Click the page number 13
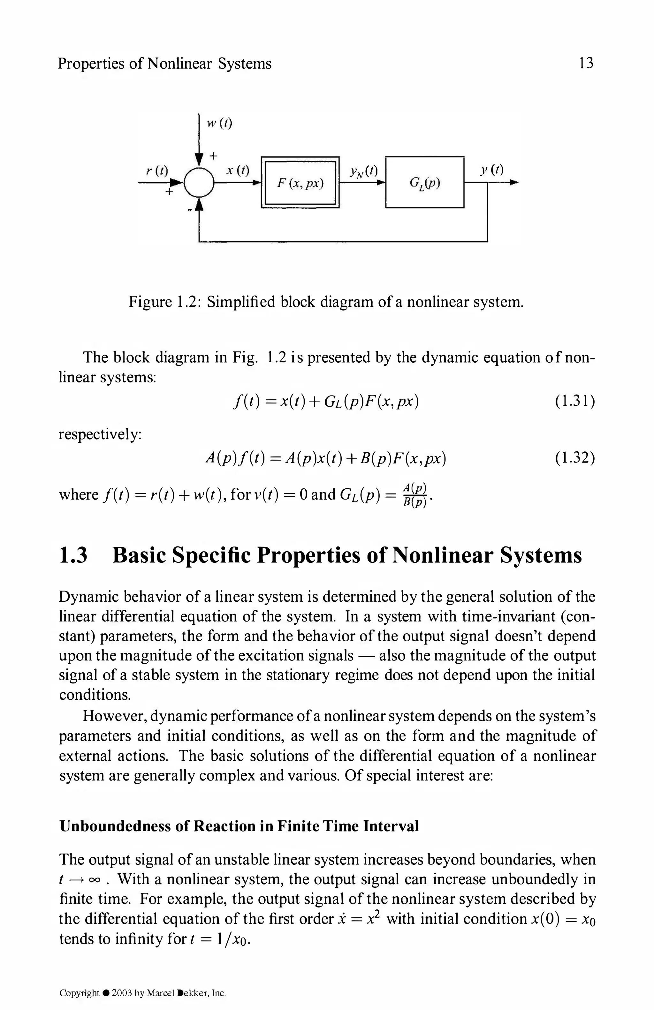pos(586,63)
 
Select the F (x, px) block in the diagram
pos(300,183)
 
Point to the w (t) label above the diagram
pos(219,123)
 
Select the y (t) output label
pos(492,170)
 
